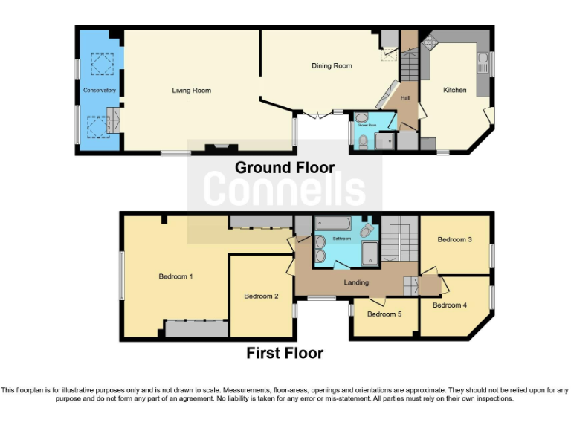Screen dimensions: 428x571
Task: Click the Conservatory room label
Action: pos(100,91)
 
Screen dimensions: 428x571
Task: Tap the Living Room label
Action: pos(192,91)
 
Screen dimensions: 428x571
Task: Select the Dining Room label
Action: pos(332,66)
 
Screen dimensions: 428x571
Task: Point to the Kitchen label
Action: pos(455,90)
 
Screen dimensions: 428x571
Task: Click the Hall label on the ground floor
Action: pos(406,97)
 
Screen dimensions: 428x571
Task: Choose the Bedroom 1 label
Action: pos(176,276)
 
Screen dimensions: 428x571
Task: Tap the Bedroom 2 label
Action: pos(261,296)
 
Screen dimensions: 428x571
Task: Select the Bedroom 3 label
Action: pos(454,239)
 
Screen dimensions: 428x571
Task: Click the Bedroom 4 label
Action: pos(450,305)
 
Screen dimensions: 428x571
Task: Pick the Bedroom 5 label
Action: pos(384,314)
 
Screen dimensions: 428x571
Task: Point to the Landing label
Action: pos(357,283)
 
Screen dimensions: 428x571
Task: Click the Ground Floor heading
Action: pos(285,168)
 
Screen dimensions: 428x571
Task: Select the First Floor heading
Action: pos(285,354)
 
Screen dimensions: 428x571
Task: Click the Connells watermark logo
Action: pos(285,189)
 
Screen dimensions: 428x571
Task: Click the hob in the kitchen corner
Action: pos(430,42)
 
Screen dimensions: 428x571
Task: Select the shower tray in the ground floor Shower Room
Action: pos(386,141)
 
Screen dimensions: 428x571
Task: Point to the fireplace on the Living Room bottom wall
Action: pos(216,149)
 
